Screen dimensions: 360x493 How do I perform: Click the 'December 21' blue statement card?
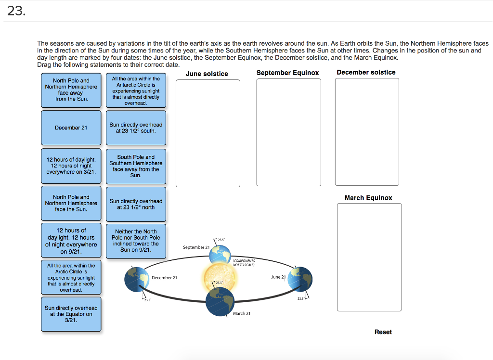71,128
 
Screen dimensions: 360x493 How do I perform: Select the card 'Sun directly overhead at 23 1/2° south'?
136,128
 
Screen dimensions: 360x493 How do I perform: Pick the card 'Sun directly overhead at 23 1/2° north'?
136,204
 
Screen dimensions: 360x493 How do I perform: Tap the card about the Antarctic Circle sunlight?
136,90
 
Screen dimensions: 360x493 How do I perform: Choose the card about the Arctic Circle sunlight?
71,278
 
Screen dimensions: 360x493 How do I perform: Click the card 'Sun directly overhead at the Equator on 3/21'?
71,314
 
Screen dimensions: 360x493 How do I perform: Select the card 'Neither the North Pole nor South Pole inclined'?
136,241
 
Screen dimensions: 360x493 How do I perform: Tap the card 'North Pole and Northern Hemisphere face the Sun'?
71,203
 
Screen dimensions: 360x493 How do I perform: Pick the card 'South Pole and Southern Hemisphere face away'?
136,166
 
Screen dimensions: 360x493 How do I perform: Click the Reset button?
383,332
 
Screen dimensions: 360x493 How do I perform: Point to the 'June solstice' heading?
207,74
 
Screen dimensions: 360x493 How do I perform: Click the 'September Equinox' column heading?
287,73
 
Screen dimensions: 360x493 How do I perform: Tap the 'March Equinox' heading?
368,198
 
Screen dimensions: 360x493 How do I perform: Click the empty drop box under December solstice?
367,131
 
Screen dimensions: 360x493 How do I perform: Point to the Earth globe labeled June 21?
300,279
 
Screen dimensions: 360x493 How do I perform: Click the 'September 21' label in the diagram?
196,247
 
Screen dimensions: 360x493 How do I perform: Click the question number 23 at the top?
15,11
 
